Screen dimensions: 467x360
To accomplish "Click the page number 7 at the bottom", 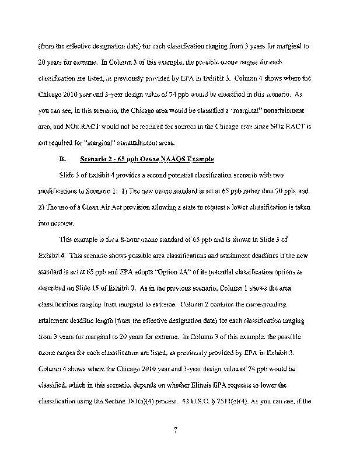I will click(x=175, y=431).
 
